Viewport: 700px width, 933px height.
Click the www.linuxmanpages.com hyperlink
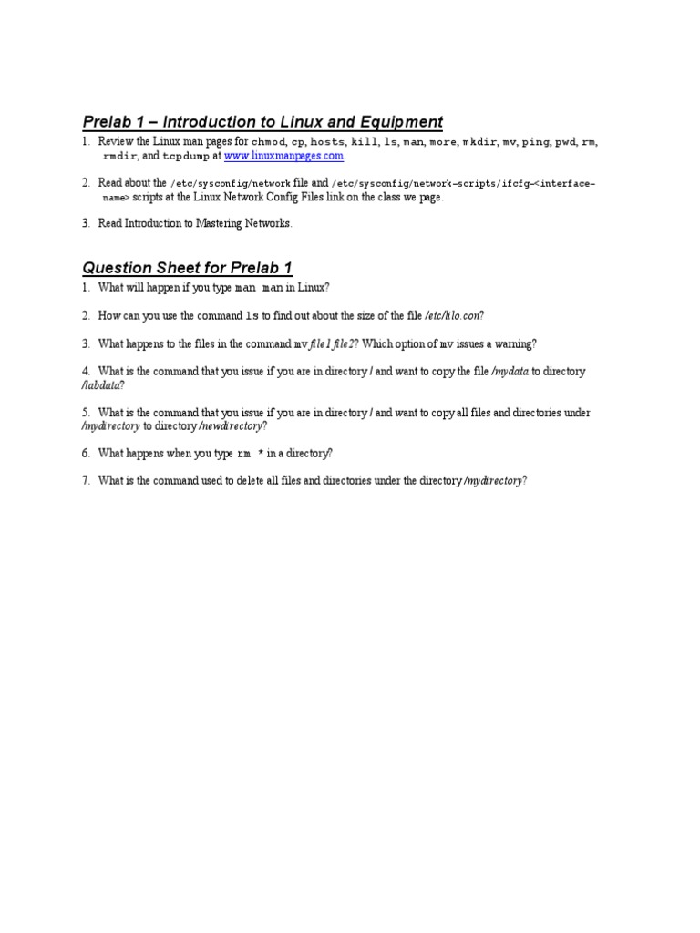[x=284, y=157]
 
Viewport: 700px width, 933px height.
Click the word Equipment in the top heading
[x=395, y=122]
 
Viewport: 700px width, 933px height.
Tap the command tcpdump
[x=184, y=157]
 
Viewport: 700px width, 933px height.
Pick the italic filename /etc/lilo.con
[x=453, y=316]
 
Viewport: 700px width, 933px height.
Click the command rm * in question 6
[x=251, y=454]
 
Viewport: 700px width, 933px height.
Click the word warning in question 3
[x=515, y=343]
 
